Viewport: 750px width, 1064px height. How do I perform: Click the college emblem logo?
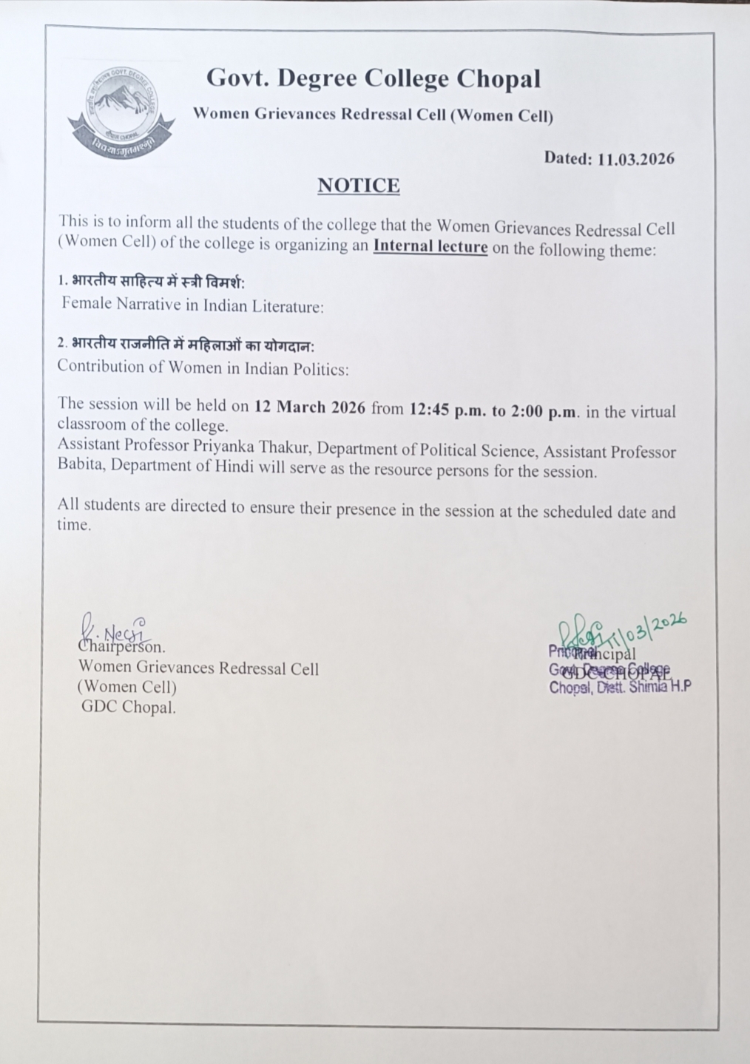click(x=121, y=112)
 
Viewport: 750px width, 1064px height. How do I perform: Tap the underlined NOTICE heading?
click(x=359, y=186)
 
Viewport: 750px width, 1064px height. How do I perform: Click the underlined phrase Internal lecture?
click(x=430, y=246)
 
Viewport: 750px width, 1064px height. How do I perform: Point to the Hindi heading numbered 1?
click(x=152, y=282)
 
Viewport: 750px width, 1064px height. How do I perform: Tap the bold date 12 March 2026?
click(x=309, y=407)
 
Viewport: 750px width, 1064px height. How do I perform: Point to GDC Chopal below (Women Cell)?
click(x=129, y=707)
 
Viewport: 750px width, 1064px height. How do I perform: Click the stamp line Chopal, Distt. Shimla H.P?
click(x=620, y=688)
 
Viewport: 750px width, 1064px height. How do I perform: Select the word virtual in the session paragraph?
click(x=653, y=412)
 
